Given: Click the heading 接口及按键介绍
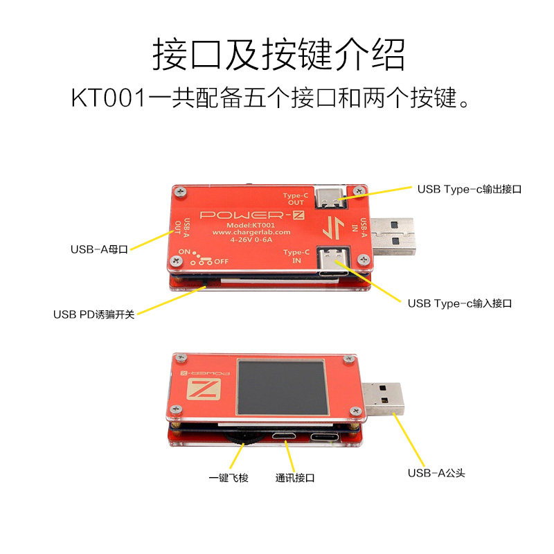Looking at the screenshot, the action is pos(278,55).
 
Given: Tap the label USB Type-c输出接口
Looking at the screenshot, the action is pos(470,189).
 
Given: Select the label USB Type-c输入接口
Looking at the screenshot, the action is pos(460,303).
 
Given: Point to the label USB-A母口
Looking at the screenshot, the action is pos(99,249).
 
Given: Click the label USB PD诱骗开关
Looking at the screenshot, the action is pos(94,314).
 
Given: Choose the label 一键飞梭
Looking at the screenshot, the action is pos(229,478).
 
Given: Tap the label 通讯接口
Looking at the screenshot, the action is pos(295,478).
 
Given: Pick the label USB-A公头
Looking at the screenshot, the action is pos(436,473).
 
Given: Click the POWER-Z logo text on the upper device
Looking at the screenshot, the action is pos(252,215).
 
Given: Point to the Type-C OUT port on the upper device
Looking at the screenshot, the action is pos(330,198).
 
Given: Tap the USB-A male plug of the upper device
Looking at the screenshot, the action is pos(392,236).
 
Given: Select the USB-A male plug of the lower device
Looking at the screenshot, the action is pos(383,399).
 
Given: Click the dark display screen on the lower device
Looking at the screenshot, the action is pos(282,387).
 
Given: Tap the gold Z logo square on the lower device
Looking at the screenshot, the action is pos(204,389).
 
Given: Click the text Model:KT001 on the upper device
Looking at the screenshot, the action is pos(251,225).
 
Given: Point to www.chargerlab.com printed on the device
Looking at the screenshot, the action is pos(251,233).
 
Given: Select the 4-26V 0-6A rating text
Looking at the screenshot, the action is pos(251,240).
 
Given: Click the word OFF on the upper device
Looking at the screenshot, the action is pos(221,262).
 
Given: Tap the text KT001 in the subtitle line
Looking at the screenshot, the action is pos(109,98).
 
